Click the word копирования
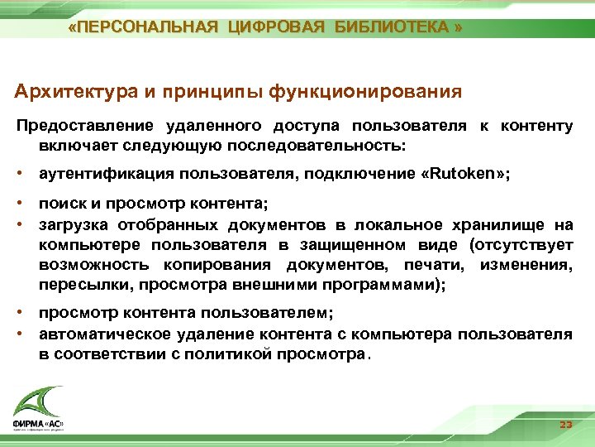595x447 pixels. point(217,265)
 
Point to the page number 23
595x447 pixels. point(565,425)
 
